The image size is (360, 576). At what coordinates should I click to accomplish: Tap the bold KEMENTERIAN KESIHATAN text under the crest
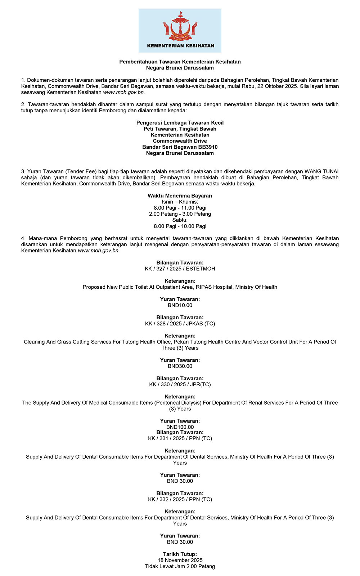[x=180, y=46]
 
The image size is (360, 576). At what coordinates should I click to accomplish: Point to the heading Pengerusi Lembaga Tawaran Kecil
[x=180, y=123]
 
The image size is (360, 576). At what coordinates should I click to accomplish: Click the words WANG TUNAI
[x=321, y=171]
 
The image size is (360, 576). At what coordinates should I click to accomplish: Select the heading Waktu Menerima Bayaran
[x=180, y=196]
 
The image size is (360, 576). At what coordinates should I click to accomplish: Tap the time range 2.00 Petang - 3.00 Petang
[x=180, y=214]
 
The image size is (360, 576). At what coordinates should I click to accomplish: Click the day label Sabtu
[x=180, y=220]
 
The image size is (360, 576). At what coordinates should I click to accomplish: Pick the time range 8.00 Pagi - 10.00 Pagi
[x=180, y=226]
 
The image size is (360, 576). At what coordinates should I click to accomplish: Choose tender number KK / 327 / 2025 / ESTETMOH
[x=180, y=269]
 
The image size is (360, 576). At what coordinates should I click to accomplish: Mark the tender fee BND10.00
[x=180, y=305]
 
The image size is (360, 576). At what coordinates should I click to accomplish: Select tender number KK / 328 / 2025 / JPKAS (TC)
[x=180, y=323]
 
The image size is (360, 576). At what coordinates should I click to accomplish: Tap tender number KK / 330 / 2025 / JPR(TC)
[x=180, y=384]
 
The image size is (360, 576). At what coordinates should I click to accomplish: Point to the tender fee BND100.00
[x=180, y=427]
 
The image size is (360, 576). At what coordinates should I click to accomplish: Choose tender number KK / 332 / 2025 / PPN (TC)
[x=180, y=499]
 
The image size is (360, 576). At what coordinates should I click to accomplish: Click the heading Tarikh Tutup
[x=180, y=554]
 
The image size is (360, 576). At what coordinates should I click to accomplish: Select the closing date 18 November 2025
[x=180, y=560]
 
